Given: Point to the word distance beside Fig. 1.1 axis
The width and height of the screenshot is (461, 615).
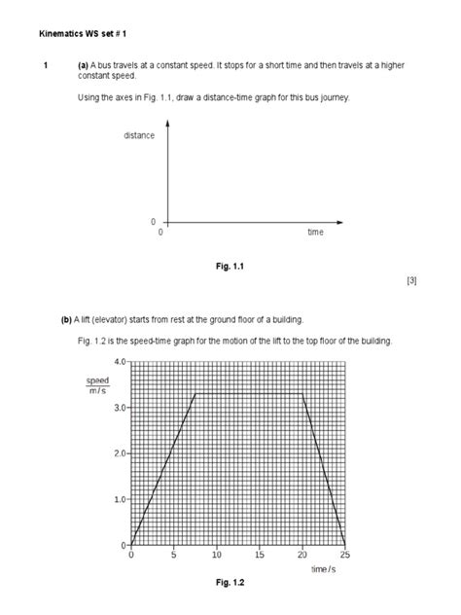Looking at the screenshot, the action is [x=139, y=135].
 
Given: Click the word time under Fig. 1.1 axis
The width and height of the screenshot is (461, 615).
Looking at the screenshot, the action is [x=315, y=233].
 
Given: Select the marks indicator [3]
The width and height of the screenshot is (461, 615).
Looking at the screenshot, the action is [x=411, y=280].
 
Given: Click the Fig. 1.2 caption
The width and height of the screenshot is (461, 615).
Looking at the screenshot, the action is [x=230, y=582].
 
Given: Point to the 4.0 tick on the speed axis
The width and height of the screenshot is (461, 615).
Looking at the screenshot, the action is [x=119, y=361].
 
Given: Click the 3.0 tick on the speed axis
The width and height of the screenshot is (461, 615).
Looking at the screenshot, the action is [x=119, y=408].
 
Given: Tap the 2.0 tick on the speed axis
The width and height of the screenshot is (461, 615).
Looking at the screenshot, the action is [x=119, y=453].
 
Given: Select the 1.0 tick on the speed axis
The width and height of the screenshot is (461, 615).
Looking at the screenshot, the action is [x=119, y=499].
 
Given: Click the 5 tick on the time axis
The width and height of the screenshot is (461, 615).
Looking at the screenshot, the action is [x=174, y=555].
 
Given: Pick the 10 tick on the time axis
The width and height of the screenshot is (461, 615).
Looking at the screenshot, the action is [x=216, y=555].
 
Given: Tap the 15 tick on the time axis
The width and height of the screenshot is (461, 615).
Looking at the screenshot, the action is [x=259, y=555].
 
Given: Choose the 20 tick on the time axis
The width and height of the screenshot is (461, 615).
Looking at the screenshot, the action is [x=301, y=555].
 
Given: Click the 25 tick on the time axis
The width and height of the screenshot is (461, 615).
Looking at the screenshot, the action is [x=344, y=555].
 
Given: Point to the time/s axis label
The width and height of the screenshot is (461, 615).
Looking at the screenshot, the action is [x=324, y=568].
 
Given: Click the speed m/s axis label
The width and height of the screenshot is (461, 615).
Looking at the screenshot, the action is [x=98, y=385].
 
